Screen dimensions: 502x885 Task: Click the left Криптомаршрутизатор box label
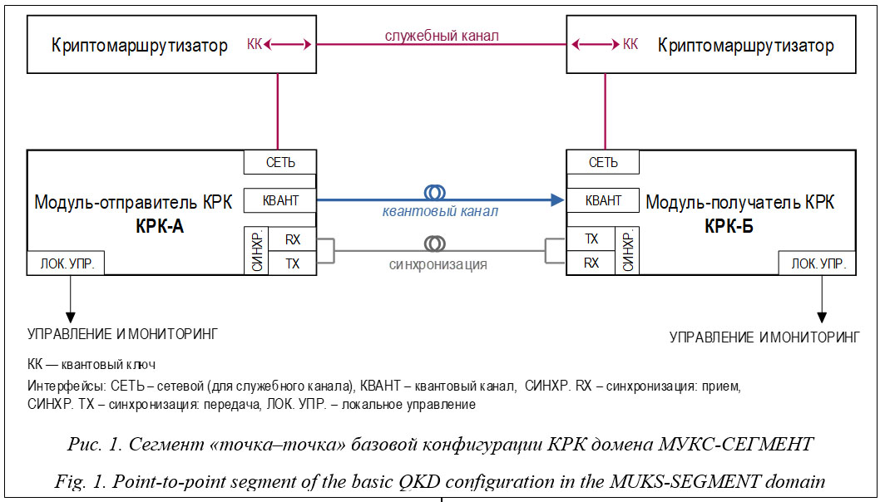pos(140,46)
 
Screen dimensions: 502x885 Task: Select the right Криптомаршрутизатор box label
pos(745,46)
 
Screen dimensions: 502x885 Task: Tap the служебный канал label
pos(442,36)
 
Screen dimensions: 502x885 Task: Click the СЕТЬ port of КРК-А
pos(280,162)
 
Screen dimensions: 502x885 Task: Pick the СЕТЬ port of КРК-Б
pos(603,162)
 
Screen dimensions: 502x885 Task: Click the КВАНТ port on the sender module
pos(280,200)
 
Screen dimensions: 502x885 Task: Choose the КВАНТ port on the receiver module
pos(603,200)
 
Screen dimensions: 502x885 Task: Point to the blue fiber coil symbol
pos(435,193)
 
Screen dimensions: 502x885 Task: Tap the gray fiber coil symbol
pos(435,244)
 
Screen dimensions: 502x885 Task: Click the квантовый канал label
pos(440,212)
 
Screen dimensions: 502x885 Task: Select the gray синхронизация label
pos(438,265)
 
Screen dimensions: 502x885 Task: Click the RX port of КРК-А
pos(293,239)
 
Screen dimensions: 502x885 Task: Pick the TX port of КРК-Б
pos(591,239)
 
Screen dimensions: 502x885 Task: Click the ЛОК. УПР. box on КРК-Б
pos(818,264)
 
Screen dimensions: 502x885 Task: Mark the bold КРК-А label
pos(159,224)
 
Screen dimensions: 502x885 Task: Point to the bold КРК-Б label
pos(729,224)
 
